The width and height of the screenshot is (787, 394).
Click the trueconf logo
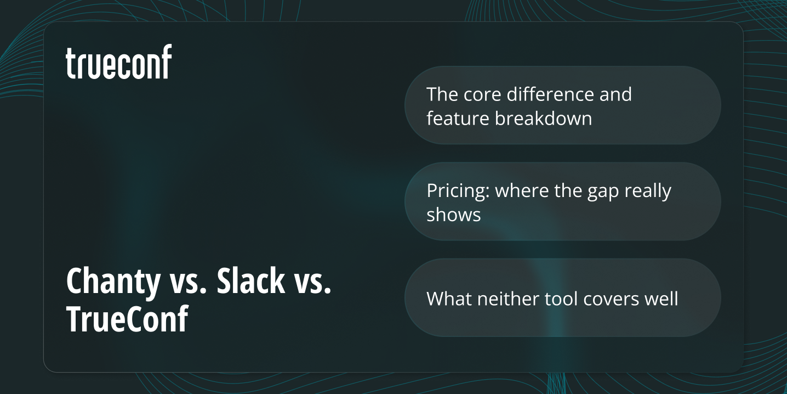coord(119,62)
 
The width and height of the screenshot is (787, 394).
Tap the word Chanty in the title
coord(113,282)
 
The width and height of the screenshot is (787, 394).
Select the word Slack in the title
coord(251,282)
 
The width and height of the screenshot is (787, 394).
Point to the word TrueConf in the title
coord(127,319)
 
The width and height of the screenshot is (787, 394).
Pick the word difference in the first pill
coord(550,94)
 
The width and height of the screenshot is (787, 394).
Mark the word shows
coord(454,215)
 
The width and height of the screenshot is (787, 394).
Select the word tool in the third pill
coord(562,299)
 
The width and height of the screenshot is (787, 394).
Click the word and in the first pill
coord(615,94)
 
